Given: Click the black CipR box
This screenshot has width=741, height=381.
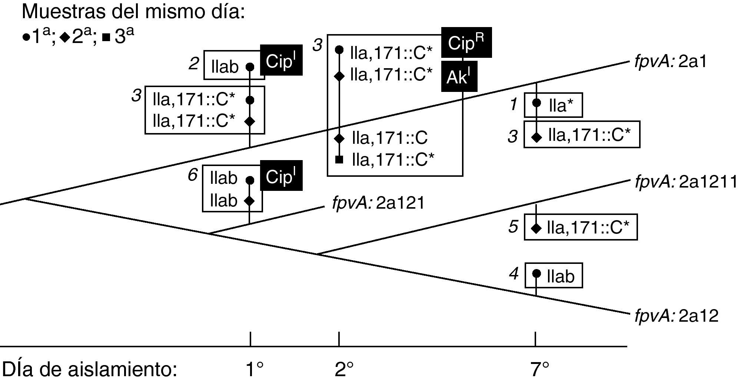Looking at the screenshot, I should pos(466,43).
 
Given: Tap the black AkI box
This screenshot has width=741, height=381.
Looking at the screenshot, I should pos(459,77).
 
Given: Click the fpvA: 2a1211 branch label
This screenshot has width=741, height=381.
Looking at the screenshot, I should pos(685,182).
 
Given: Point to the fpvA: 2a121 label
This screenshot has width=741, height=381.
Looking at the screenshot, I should pos(378,203).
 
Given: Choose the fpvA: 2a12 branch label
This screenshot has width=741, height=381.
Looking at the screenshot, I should pos(676,316).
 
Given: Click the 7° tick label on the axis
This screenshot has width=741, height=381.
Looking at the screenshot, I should pos(539,369).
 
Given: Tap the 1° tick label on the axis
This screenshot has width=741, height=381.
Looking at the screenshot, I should pos(255,369).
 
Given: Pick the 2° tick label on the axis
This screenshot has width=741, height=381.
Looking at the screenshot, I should pos(344,369).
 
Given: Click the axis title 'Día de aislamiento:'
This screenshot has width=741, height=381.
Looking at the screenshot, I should pos(89,369).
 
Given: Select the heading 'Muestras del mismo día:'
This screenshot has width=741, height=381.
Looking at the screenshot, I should pos(133,12).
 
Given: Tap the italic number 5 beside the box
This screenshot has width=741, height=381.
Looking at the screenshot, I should pos(513,226).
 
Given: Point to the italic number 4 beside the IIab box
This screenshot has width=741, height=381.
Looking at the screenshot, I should pos(513,274).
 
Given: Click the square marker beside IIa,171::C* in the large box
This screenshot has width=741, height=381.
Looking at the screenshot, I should pos(339,160).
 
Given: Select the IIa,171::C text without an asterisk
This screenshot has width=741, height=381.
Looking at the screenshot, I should pos(390,138).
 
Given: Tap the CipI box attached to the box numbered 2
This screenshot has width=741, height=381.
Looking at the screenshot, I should pos(281,60).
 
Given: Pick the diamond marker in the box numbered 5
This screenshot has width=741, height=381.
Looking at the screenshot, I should pos(536,228).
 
